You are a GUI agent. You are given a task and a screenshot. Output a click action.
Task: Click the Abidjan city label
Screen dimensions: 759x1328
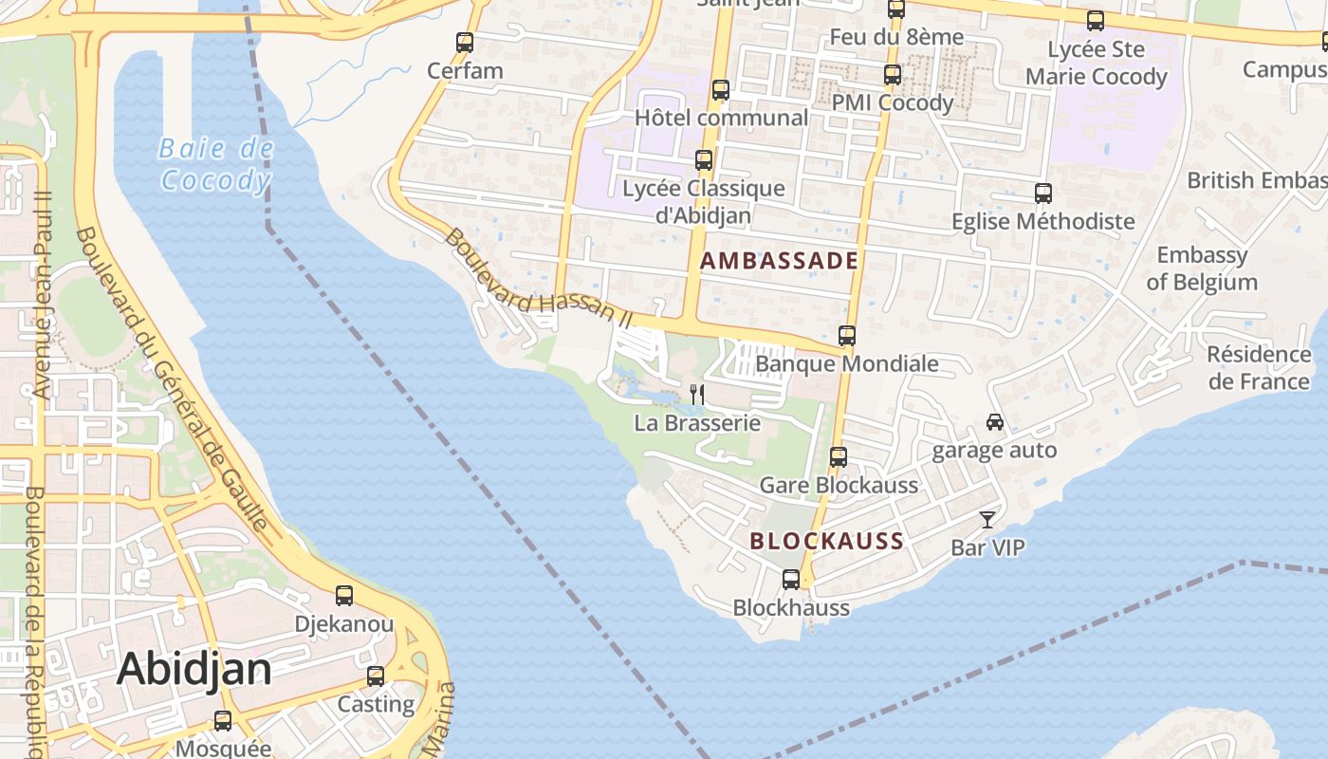tap(194, 669)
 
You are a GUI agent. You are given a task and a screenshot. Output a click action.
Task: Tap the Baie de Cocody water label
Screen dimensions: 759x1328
tap(216, 164)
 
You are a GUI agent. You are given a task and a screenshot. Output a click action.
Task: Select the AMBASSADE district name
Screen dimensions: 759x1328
tap(779, 261)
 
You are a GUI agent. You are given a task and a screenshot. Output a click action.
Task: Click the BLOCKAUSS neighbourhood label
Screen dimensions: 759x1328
tap(826, 541)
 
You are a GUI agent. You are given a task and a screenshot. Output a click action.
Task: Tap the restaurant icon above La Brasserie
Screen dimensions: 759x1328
tap(697, 395)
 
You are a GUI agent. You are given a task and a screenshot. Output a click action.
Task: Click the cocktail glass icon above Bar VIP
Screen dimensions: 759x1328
tap(987, 519)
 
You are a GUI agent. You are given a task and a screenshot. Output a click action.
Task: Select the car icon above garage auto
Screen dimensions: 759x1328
tap(994, 422)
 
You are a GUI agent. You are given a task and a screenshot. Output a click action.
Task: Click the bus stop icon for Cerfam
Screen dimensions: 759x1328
tap(465, 43)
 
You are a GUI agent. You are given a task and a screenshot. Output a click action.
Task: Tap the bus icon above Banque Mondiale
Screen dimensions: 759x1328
tap(847, 336)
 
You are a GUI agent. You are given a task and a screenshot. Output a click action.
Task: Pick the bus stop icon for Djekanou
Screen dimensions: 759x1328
tap(344, 596)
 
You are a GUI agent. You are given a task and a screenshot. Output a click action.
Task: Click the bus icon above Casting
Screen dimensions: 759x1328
tap(376, 676)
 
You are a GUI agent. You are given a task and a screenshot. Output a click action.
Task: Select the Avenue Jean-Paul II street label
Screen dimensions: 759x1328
tap(43, 294)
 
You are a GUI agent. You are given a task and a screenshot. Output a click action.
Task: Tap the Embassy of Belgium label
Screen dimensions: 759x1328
tap(1202, 268)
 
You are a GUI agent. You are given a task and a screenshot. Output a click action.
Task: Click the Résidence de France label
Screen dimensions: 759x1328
tap(1259, 368)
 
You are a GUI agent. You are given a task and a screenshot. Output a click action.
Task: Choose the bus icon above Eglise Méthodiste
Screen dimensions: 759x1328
tap(1043, 194)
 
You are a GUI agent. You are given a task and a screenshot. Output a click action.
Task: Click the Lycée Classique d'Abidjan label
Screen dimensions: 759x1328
tap(703, 202)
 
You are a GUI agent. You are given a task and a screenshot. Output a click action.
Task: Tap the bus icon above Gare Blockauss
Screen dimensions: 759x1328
tap(839, 457)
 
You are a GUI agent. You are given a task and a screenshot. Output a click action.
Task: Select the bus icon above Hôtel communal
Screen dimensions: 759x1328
tap(721, 90)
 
